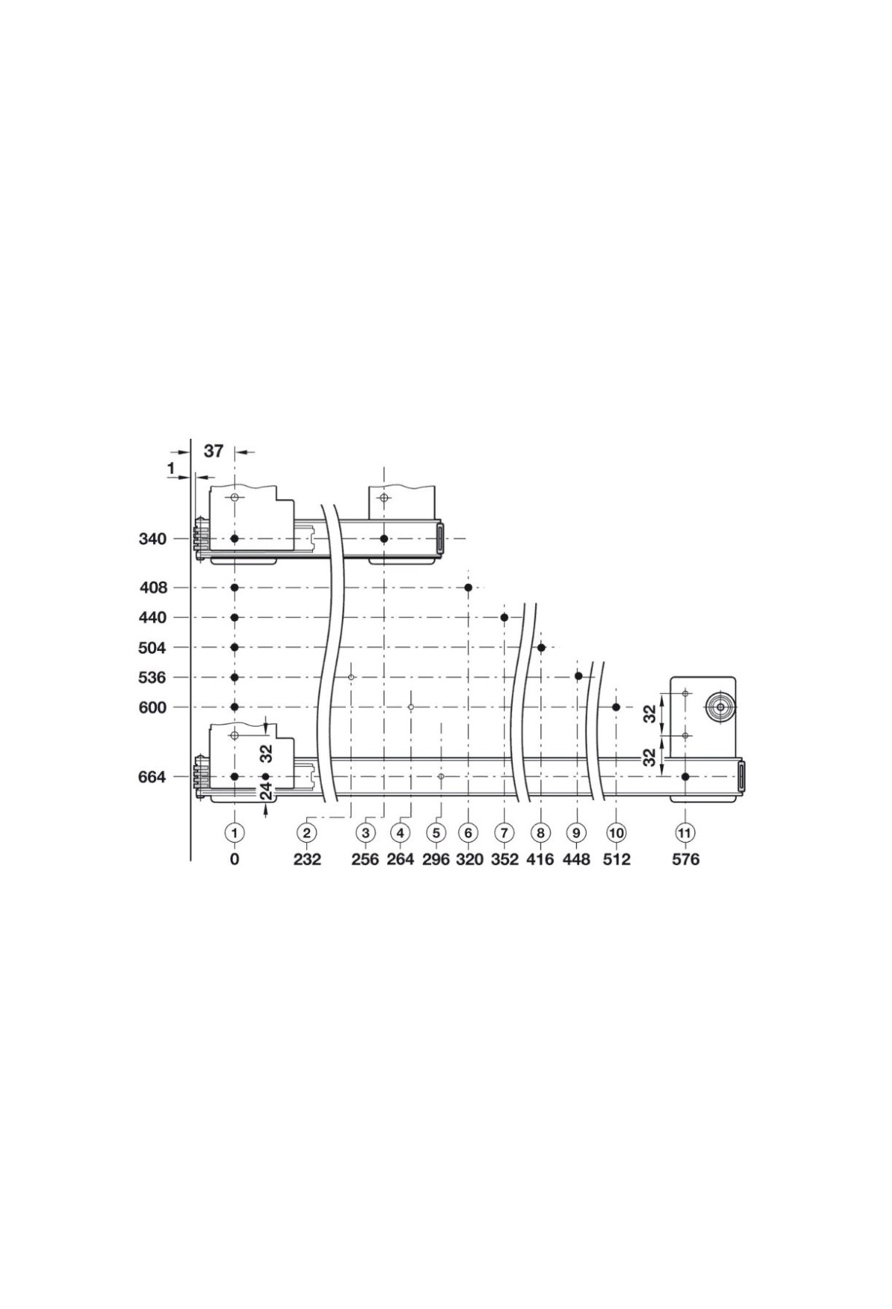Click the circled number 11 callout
pyautogui.click(x=685, y=833)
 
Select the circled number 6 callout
pyautogui.click(x=468, y=833)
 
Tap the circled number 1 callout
pyautogui.click(x=235, y=833)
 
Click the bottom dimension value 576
pyautogui.click(x=685, y=860)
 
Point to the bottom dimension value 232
pyautogui.click(x=307, y=860)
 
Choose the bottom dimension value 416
pyautogui.click(x=540, y=860)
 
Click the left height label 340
pyautogui.click(x=152, y=538)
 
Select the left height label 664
pyautogui.click(x=152, y=776)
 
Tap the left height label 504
pyautogui.click(x=152, y=648)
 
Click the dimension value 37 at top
pyautogui.click(x=213, y=451)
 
